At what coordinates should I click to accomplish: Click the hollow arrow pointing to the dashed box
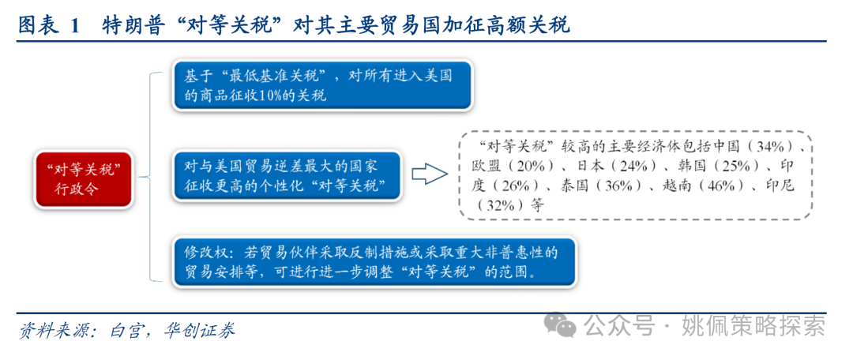click(429, 174)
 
